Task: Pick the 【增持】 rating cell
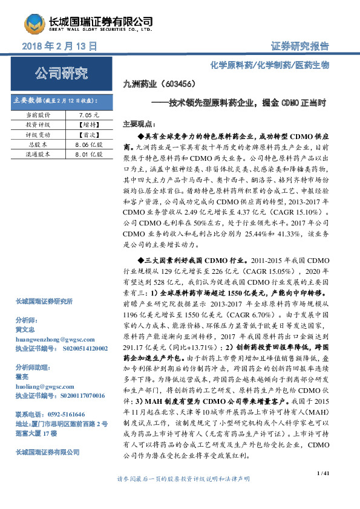coord(85,125)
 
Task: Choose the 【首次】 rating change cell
coord(85,135)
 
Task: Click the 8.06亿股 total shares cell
coord(85,145)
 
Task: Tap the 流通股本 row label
coord(38,155)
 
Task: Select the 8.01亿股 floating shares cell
coord(85,155)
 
